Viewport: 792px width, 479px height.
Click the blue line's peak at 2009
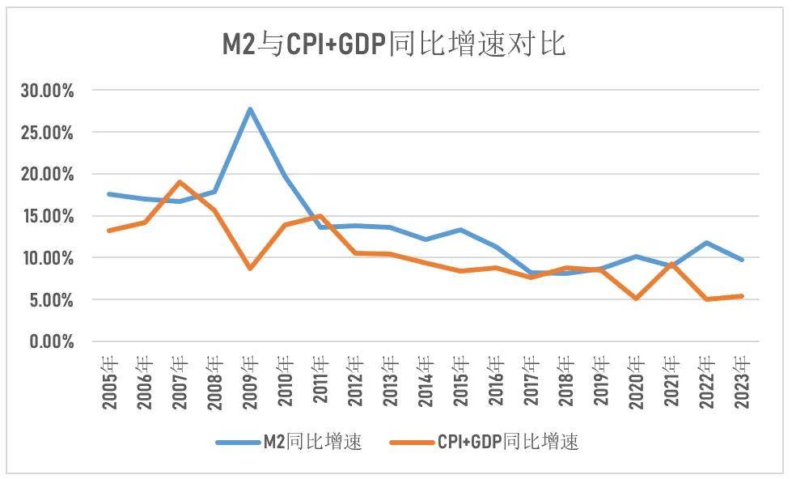pyautogui.click(x=250, y=108)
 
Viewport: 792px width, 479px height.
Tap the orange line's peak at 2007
pyautogui.click(x=180, y=182)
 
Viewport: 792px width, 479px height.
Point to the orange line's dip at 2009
pyautogui.click(x=250, y=268)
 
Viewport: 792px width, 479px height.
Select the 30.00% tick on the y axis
pyautogui.click(x=47, y=91)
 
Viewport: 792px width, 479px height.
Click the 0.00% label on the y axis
pyautogui.click(x=50, y=342)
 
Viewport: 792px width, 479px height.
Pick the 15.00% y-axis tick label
pyautogui.click(x=47, y=216)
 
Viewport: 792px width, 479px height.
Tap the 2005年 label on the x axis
pyautogui.click(x=110, y=381)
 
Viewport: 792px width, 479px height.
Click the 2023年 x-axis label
pyautogui.click(x=742, y=381)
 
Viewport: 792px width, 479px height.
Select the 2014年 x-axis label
pyautogui.click(x=426, y=381)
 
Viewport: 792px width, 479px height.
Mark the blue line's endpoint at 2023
pyautogui.click(x=742, y=260)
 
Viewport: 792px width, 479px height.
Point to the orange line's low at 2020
pyautogui.click(x=637, y=299)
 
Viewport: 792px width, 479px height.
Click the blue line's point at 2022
pyautogui.click(x=707, y=243)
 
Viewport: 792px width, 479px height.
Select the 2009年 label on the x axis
pyautogui.click(x=250, y=381)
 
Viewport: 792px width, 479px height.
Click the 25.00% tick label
pyautogui.click(x=47, y=132)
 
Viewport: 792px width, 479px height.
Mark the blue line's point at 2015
pyautogui.click(x=461, y=230)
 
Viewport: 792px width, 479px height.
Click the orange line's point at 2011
pyautogui.click(x=320, y=216)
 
